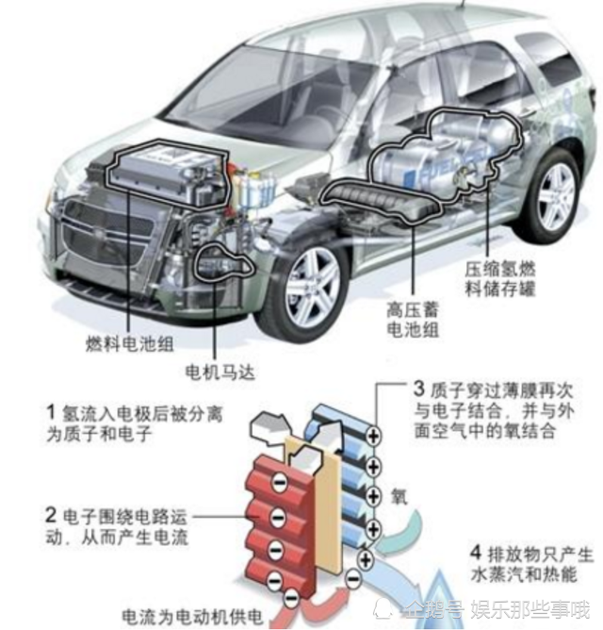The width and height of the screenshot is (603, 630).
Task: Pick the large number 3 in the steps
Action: tap(420, 389)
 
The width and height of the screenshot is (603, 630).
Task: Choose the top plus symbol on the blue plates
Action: tap(373, 436)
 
